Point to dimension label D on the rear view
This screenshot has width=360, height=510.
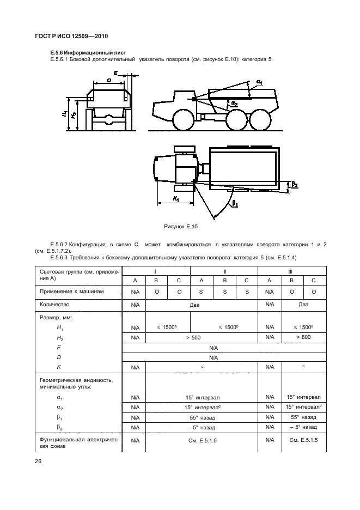[109, 81]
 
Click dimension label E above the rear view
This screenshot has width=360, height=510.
[115, 72]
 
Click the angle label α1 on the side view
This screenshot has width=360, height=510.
[260, 83]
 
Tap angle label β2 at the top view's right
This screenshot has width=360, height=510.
[295, 185]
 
